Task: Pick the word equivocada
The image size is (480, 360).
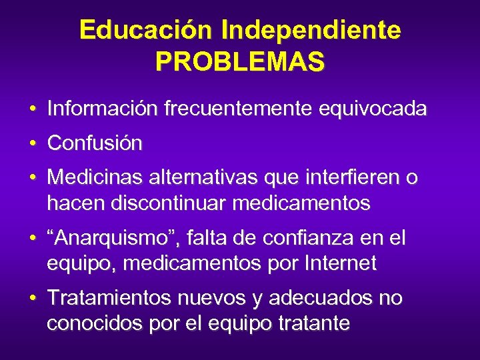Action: click(x=373, y=109)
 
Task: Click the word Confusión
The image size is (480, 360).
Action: click(x=95, y=143)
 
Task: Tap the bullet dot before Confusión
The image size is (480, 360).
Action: click(x=32, y=143)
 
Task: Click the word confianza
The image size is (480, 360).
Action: click(x=315, y=237)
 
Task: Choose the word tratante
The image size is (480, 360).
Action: click(x=313, y=323)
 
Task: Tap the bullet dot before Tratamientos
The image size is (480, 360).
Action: click(x=32, y=297)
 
